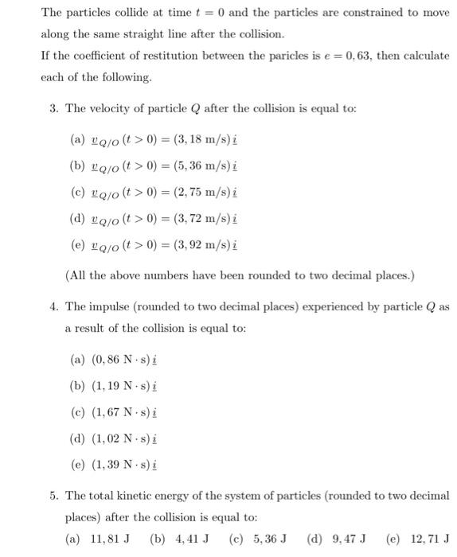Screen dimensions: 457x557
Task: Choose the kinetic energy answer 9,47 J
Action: tap(345, 539)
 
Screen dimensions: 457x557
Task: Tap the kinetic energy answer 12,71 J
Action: tap(427, 539)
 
